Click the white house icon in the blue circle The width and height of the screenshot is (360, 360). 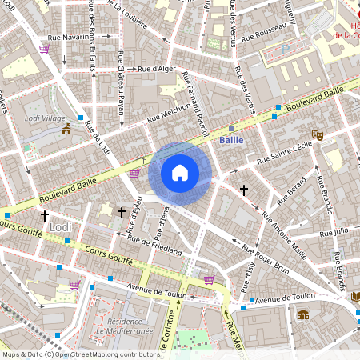click(180, 173)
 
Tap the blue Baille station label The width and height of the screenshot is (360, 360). click(231, 140)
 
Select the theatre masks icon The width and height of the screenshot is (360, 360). click(318, 136)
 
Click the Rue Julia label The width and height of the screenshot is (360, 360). click(335, 232)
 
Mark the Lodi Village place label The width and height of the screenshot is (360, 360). click(46, 118)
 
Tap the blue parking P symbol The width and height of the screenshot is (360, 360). click(286, 48)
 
